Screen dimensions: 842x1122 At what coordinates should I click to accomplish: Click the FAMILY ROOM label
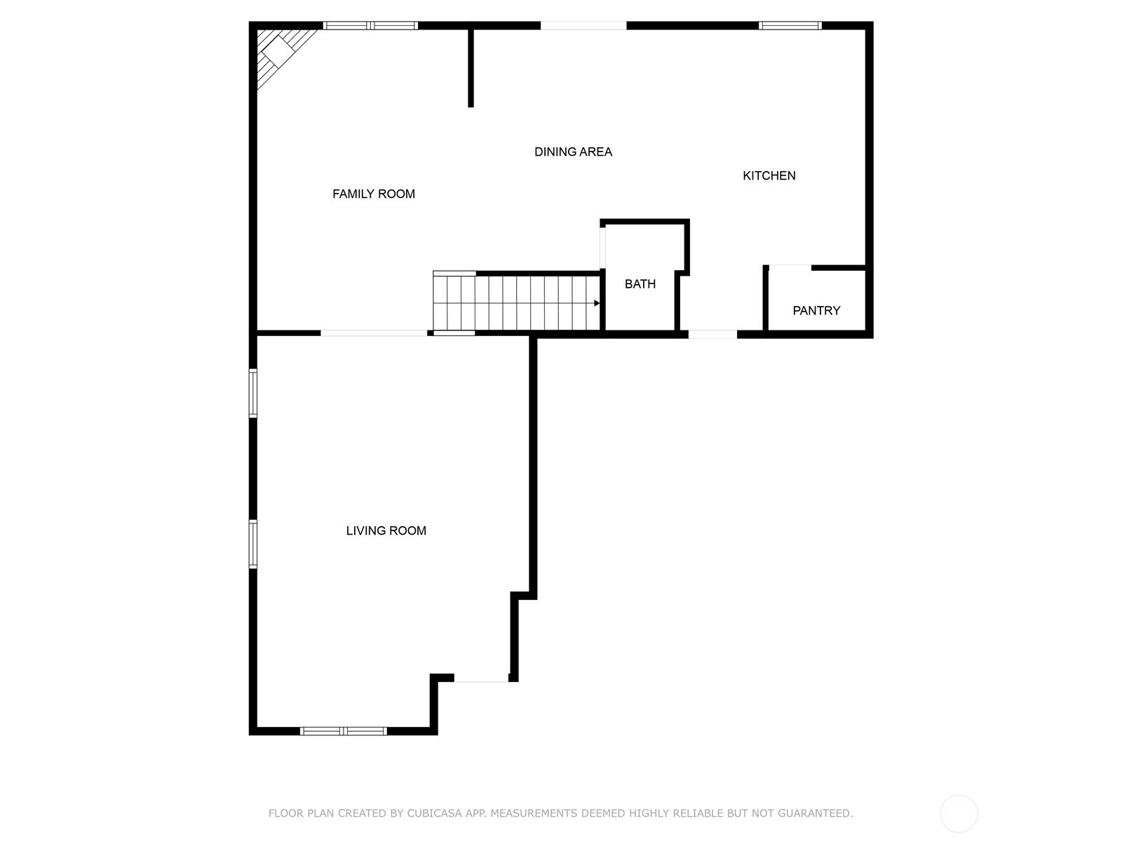[373, 194]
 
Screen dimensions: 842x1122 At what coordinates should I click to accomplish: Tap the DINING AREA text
[573, 152]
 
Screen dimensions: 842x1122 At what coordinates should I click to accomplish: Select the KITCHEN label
[769, 175]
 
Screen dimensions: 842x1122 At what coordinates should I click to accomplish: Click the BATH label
[640, 284]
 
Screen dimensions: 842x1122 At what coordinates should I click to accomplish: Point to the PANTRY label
[816, 311]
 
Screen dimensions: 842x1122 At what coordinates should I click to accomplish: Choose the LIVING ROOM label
[386, 531]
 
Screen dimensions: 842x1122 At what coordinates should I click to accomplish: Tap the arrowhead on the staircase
[597, 303]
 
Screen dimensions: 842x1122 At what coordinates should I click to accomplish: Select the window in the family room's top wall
[370, 26]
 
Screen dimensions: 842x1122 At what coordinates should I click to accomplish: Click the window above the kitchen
[790, 26]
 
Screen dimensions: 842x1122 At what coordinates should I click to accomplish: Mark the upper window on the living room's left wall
[253, 394]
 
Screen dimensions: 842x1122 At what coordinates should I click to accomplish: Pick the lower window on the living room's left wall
[253, 544]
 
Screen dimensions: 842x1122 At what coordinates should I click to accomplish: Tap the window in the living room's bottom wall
[344, 731]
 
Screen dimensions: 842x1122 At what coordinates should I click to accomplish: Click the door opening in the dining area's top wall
[583, 26]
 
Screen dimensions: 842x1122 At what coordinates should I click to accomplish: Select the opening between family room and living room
[374, 333]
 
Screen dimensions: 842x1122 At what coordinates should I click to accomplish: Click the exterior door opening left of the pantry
[712, 334]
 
